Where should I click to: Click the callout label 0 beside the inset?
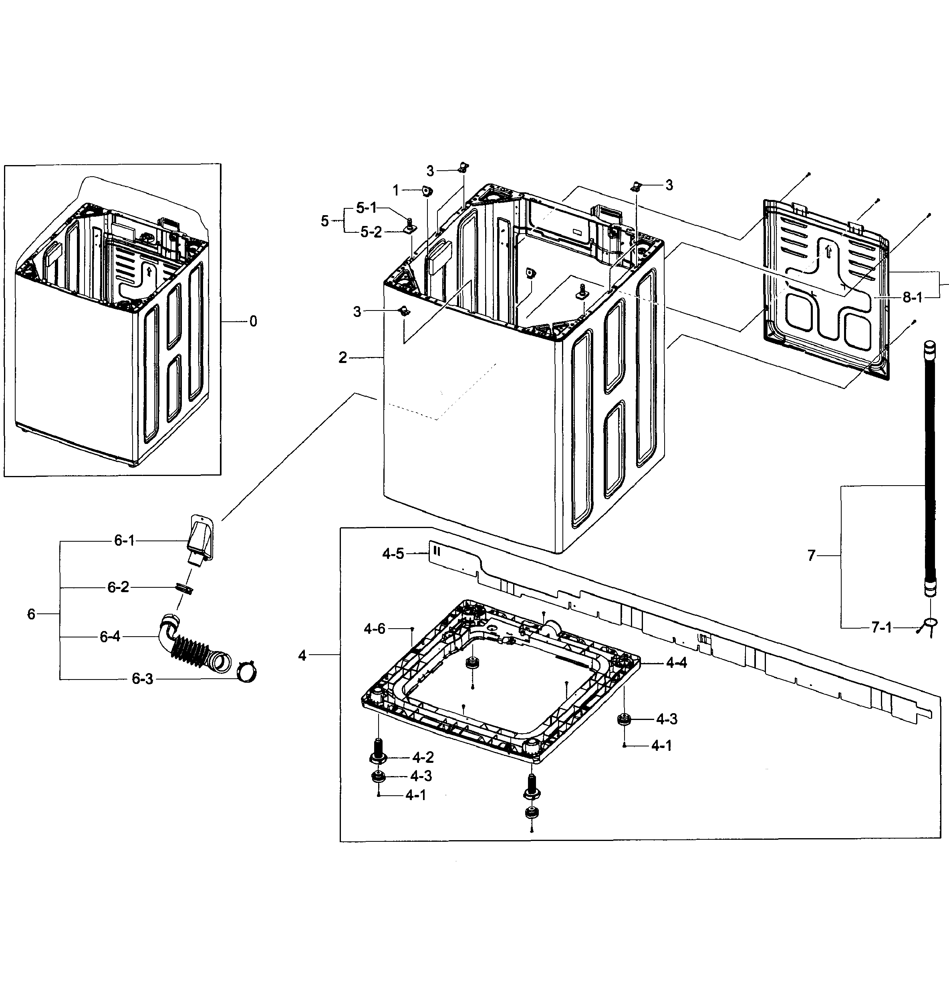coord(253,321)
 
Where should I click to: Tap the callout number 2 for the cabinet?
coord(343,358)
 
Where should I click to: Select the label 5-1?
coord(366,208)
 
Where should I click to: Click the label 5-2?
coord(371,232)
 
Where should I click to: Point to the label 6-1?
coord(124,540)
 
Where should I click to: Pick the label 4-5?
coord(393,554)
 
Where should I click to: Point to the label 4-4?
coord(677,663)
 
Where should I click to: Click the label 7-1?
coord(881,628)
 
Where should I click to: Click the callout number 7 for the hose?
coord(812,555)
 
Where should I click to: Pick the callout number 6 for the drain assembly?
coord(32,614)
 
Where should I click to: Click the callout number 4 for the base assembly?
coord(302,655)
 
